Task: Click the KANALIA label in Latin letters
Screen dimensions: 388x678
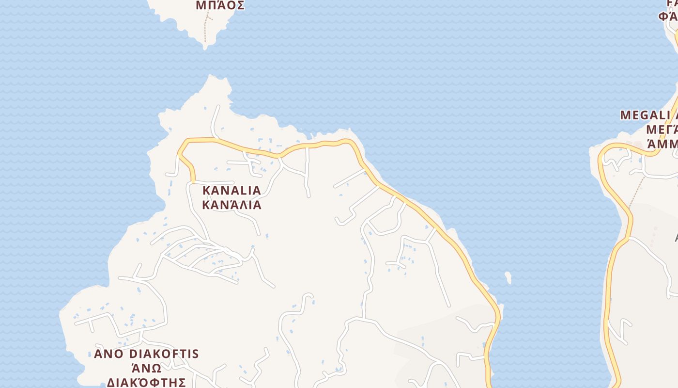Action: click(x=231, y=190)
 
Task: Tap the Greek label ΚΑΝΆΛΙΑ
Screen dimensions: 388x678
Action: click(x=231, y=205)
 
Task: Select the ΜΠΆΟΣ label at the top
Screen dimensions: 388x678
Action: click(x=220, y=6)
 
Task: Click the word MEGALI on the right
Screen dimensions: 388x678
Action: click(x=642, y=115)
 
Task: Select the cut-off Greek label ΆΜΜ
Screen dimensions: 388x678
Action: click(x=663, y=145)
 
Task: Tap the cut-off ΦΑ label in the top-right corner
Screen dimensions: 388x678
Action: click(x=668, y=16)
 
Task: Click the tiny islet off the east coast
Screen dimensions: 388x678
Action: click(x=508, y=277)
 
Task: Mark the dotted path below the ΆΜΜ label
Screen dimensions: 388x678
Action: click(x=636, y=192)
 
